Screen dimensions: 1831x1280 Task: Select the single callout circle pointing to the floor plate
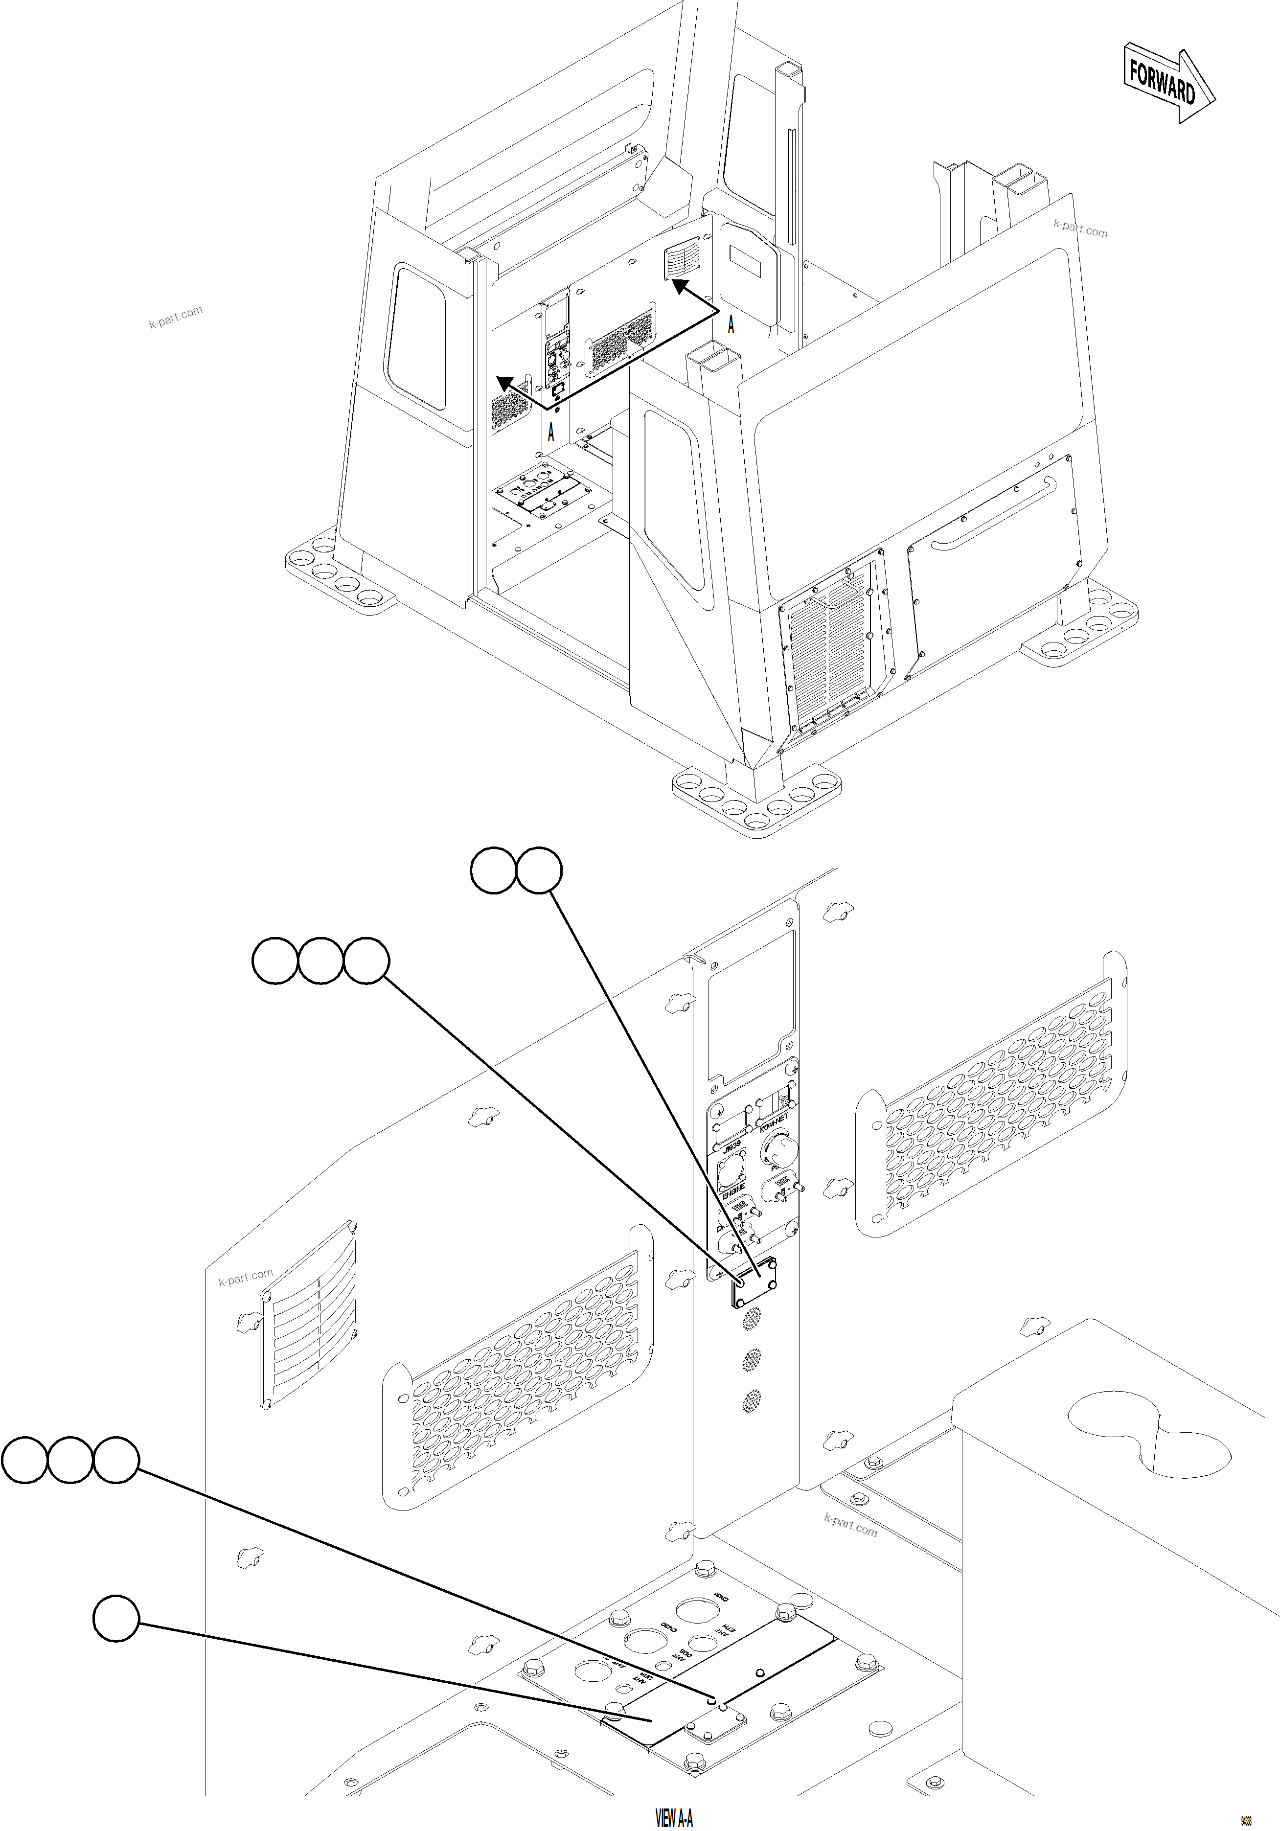(x=115, y=1618)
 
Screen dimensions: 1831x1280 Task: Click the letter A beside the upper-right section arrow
(x=731, y=324)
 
